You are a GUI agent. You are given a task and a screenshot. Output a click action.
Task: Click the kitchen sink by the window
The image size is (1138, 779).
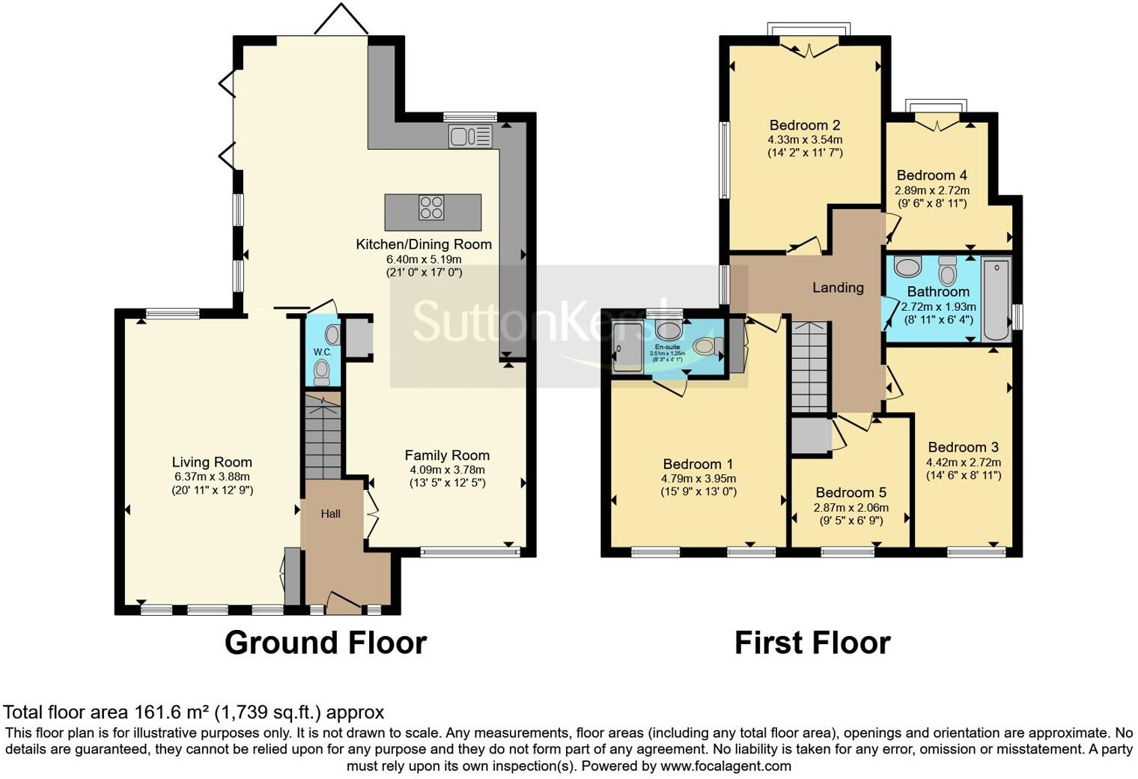coord(469,137)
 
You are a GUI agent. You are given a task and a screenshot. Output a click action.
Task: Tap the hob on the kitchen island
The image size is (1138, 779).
coord(431,207)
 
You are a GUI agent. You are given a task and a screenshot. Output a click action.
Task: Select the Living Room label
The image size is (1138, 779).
coord(212,462)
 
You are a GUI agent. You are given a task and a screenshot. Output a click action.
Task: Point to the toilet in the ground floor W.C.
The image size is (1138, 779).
coord(322,370)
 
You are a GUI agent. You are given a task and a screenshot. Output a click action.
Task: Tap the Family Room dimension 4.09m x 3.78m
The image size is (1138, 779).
coord(447,470)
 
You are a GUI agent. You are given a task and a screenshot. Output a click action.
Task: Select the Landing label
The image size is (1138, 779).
coord(838,288)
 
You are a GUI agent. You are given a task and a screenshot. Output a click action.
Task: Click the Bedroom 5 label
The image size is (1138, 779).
coord(851,492)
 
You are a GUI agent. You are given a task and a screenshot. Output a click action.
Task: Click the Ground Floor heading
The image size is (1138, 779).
coord(326,643)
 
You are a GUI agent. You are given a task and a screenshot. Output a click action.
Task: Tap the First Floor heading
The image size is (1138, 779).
coord(812,643)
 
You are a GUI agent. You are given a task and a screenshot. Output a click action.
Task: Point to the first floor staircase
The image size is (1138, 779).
coord(809,367)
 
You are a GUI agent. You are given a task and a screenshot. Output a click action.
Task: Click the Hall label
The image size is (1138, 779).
coord(331,513)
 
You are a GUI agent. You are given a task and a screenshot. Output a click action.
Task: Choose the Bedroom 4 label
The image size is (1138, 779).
coord(932,175)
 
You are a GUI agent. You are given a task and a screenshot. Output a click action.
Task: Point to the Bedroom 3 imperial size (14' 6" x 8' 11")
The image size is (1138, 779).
coord(964,475)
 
